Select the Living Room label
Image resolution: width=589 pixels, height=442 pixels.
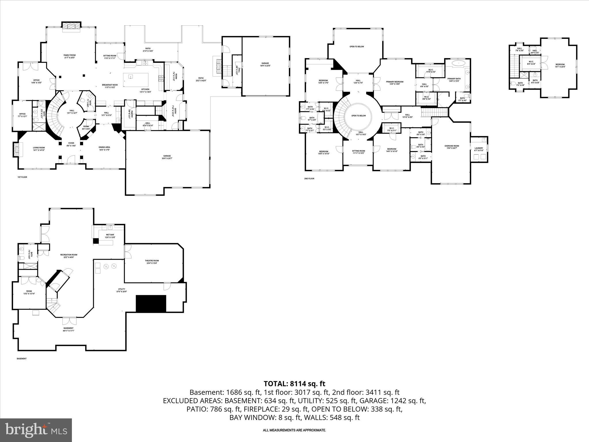39,148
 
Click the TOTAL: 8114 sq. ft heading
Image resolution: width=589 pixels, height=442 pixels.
294,384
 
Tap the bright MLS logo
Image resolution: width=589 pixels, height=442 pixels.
36,430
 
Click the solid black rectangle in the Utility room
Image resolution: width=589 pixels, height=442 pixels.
151,303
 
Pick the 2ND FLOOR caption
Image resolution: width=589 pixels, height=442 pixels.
309,179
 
